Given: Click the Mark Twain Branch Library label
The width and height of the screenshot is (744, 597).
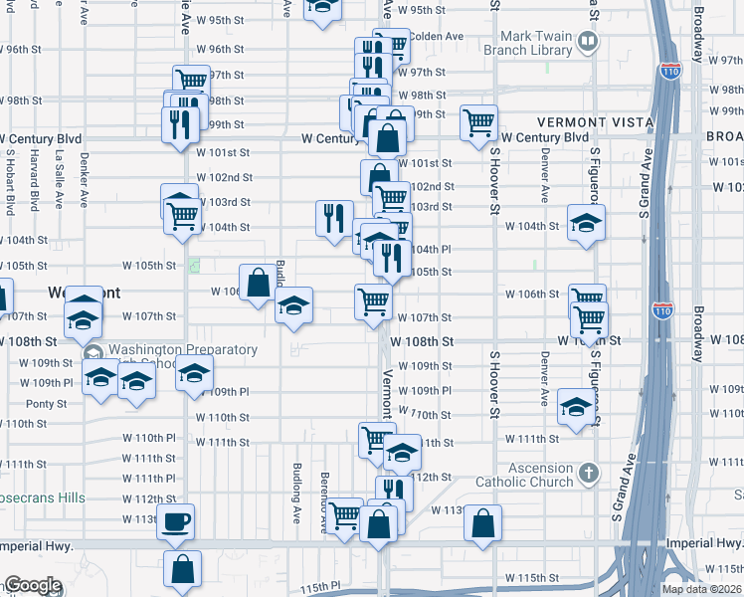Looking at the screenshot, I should (528, 43).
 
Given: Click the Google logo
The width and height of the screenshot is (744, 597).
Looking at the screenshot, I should (32, 585).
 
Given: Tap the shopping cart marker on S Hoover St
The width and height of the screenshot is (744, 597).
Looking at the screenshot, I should (479, 122).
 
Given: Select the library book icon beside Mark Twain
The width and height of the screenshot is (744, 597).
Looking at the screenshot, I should (588, 41).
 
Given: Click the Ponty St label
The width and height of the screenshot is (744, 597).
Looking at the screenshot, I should (46, 404).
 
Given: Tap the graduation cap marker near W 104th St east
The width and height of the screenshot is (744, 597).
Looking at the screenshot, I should (586, 222).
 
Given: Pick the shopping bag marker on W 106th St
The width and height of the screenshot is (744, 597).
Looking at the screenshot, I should (258, 282).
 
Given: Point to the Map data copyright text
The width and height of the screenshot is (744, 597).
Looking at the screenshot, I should (702, 589).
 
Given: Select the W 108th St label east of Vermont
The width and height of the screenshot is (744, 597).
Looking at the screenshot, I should (422, 341).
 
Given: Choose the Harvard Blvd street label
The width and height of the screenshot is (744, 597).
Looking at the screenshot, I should (34, 180).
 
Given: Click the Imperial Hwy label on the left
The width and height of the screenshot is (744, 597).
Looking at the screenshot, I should (36, 545).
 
